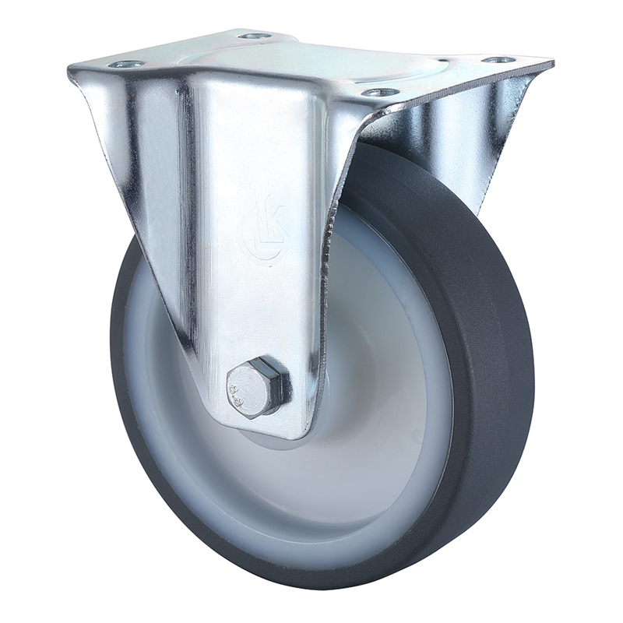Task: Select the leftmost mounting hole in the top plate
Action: (125, 65)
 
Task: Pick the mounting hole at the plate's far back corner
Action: (254, 36)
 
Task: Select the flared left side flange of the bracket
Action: (125, 156)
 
